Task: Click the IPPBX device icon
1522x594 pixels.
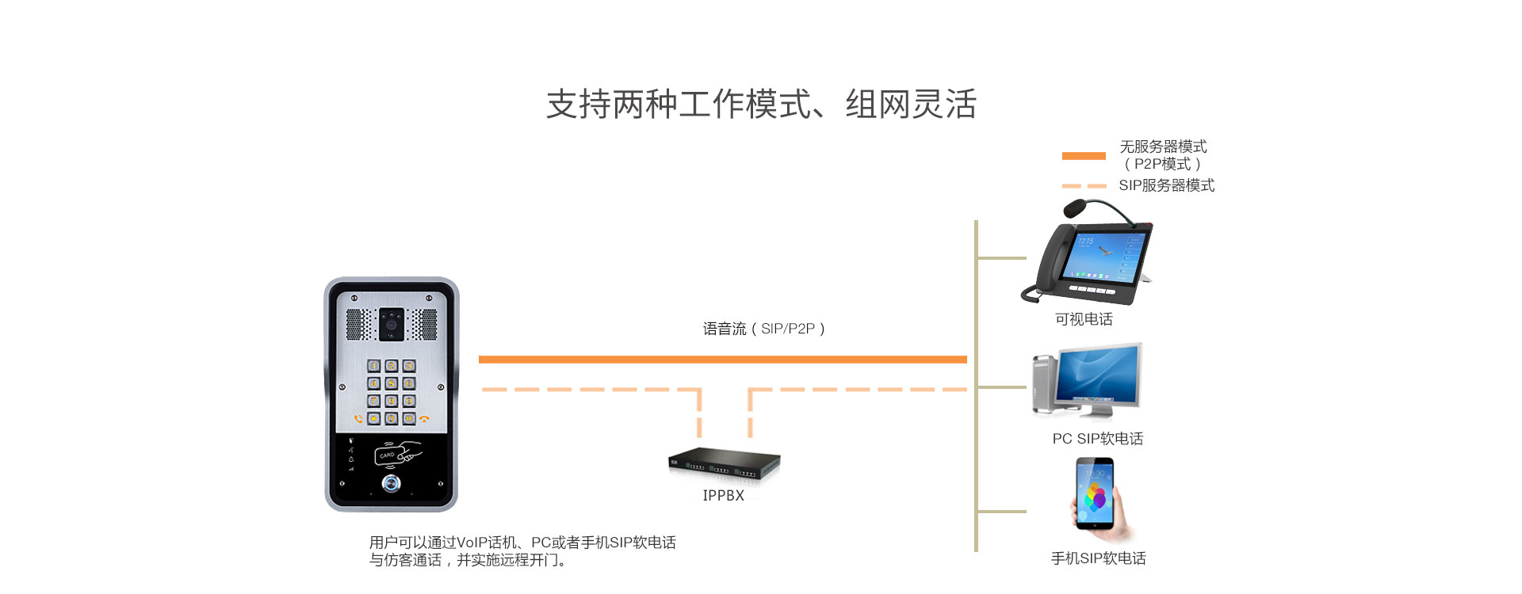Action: tap(724, 463)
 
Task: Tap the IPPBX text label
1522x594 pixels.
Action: tap(723, 496)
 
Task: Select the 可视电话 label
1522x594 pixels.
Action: tap(1084, 319)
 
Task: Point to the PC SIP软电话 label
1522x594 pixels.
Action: tap(1097, 439)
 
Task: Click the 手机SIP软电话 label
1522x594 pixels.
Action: tap(1098, 558)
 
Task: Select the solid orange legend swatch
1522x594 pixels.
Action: tap(1084, 156)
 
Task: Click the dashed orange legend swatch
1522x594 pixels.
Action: tap(1084, 186)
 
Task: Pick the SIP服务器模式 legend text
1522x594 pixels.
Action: tap(1166, 185)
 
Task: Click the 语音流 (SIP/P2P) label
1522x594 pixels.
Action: tap(764, 329)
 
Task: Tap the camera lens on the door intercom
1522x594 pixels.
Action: tap(391, 325)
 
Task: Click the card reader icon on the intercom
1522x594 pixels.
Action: tap(397, 455)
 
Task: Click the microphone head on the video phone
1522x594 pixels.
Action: tap(1073, 208)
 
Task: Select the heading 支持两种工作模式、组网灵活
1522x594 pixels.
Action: tap(761, 105)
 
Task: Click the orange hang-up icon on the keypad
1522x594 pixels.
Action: tap(425, 419)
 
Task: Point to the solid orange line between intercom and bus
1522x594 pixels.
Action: tap(722, 360)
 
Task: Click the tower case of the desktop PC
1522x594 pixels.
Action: tap(1045, 385)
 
